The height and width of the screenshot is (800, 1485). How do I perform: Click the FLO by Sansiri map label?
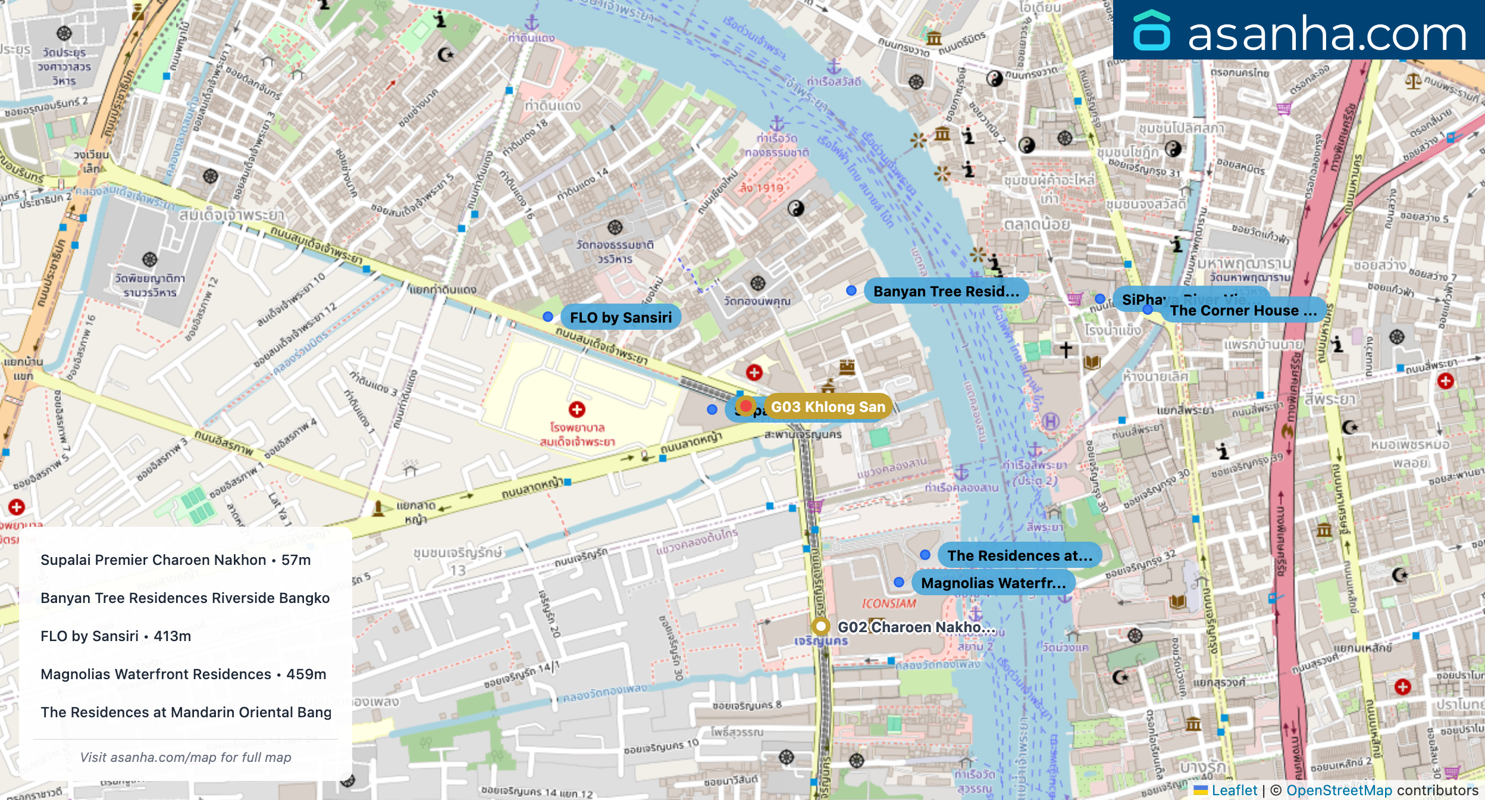(x=621, y=317)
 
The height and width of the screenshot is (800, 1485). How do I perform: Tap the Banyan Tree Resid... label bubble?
(x=945, y=291)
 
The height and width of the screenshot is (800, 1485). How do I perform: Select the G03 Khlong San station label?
(x=828, y=407)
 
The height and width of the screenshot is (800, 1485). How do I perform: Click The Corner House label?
(x=1243, y=311)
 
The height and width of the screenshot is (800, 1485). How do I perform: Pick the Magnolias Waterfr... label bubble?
(x=993, y=583)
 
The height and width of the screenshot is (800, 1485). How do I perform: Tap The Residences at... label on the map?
(x=1019, y=555)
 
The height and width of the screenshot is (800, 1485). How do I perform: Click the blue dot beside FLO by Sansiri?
(x=548, y=317)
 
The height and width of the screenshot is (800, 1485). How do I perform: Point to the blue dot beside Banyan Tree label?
(x=851, y=290)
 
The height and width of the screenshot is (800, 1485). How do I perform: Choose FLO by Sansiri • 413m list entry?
(x=116, y=636)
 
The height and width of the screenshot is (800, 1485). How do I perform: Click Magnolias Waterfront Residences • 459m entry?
(x=183, y=674)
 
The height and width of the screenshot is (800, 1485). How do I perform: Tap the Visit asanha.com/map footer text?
(x=186, y=757)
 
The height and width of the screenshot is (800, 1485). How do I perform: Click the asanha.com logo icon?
(x=1151, y=31)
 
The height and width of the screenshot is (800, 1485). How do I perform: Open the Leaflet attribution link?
(x=1234, y=790)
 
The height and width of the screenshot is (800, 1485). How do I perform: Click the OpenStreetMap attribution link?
(x=1339, y=790)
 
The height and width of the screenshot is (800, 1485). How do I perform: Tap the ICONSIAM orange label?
(x=889, y=604)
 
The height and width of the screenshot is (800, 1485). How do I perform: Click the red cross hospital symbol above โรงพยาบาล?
(x=577, y=410)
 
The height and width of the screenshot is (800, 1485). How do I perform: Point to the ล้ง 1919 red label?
(x=762, y=188)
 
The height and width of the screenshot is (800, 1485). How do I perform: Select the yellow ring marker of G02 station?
(x=820, y=626)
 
